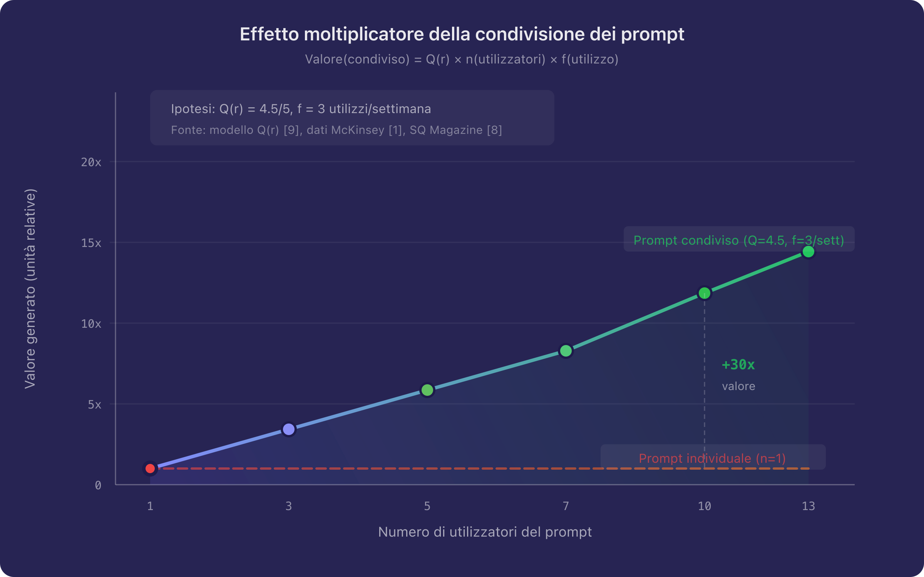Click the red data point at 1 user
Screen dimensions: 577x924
150,469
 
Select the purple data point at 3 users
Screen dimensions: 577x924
289,429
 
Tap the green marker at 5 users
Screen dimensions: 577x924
427,390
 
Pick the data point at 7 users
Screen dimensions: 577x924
566,351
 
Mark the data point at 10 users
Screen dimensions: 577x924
705,293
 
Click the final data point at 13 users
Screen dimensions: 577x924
808,252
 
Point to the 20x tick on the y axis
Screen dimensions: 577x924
91,162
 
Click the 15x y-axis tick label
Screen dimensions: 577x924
91,243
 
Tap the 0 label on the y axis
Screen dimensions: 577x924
98,485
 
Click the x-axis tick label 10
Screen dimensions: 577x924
705,506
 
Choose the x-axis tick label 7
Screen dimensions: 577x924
566,506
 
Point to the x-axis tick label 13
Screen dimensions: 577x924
808,506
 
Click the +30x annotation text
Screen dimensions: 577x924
738,365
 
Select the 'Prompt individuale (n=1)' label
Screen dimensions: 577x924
712,459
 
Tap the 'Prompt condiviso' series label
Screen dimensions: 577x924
739,240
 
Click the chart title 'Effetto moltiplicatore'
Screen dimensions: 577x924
462,34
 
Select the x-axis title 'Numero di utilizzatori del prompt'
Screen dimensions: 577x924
485,532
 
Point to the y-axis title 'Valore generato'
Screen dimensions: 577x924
30,288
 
